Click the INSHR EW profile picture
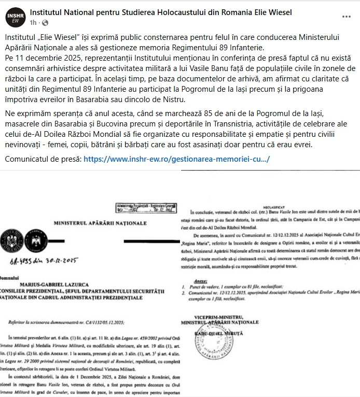tap(15, 17)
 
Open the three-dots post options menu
tap(346, 16)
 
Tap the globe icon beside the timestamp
tap(45, 23)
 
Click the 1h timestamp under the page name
tap(34, 23)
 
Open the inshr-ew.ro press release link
tap(176, 159)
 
